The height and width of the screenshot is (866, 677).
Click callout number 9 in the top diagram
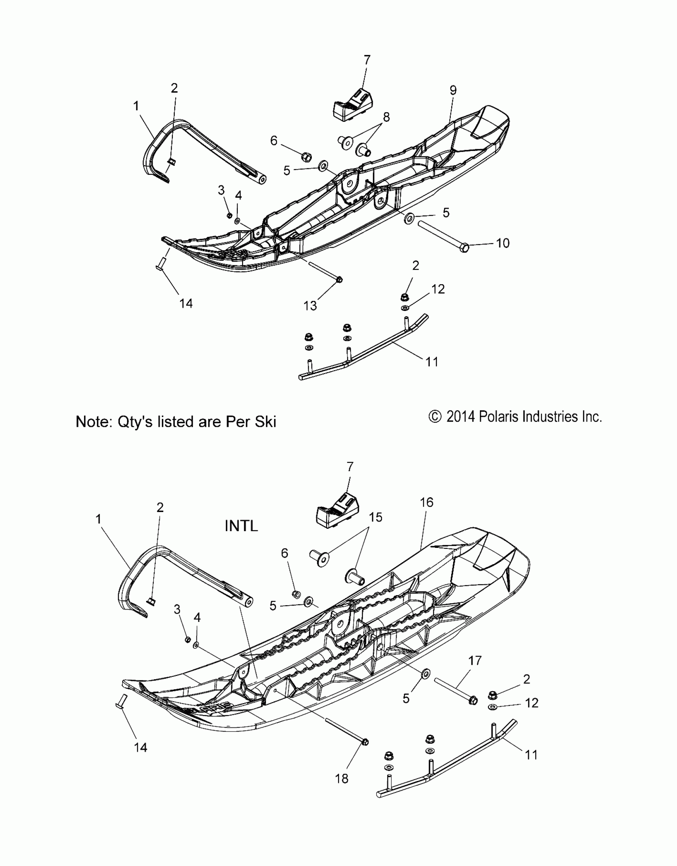[453, 90]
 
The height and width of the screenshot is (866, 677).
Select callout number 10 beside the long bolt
[503, 243]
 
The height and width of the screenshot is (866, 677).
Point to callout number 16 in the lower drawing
[427, 502]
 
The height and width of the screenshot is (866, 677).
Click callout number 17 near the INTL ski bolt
[475, 661]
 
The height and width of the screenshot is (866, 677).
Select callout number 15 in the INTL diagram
[376, 517]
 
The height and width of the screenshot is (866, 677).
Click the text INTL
[241, 526]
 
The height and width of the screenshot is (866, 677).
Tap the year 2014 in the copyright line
[460, 417]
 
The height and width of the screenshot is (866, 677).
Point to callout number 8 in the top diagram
[386, 117]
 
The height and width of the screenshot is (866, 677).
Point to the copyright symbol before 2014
[435, 417]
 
